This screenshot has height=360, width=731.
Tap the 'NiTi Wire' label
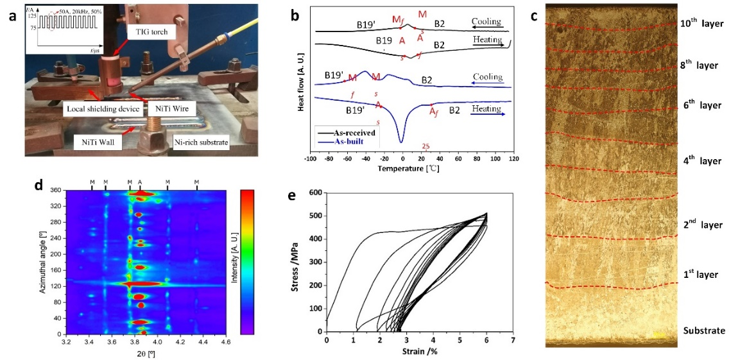[166, 110]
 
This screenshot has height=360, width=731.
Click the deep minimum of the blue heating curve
[402, 141]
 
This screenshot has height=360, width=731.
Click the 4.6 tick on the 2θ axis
[225, 342]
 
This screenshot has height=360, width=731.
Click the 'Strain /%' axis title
[420, 352]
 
